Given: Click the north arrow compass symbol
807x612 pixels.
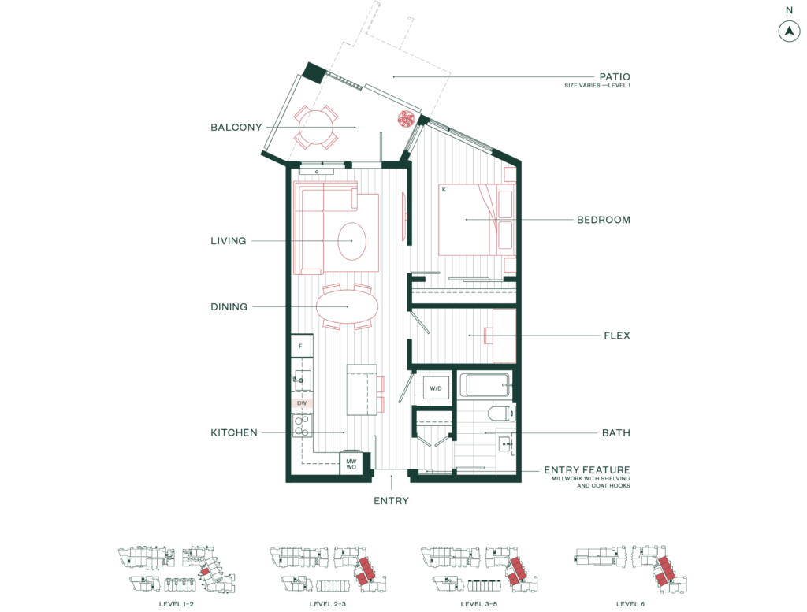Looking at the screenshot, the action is [x=789, y=32].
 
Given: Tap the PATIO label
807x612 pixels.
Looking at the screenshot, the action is [x=615, y=76].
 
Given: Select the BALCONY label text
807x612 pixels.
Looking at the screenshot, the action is [x=236, y=127].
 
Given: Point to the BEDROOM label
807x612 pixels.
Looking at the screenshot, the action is [x=603, y=220].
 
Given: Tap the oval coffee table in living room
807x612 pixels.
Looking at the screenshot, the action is [x=352, y=241].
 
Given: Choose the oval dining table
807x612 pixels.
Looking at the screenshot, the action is [x=347, y=306].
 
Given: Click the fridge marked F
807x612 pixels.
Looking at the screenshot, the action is [x=302, y=346].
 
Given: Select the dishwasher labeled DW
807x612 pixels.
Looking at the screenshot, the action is [x=302, y=403].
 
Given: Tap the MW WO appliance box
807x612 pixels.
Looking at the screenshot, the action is [x=351, y=464].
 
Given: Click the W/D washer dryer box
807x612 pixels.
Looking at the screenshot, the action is [x=435, y=388].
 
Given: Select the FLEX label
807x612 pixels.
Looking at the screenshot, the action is [x=617, y=336].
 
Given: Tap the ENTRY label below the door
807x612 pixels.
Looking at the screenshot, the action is [x=391, y=500].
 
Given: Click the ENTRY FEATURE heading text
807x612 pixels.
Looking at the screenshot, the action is [x=587, y=469].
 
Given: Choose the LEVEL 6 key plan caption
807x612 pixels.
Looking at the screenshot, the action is [x=630, y=604].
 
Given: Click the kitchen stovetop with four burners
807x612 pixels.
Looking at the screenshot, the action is [x=302, y=425].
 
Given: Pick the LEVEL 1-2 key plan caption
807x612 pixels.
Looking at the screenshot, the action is [x=177, y=604].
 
